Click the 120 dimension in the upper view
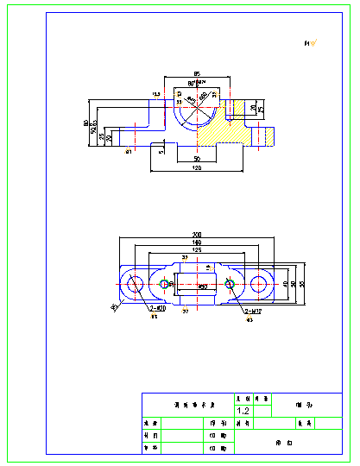197,168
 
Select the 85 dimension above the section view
197,73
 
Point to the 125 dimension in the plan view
198,249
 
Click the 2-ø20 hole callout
157,309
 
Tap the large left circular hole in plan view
135,284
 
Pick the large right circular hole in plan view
260,284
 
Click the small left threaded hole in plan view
165,283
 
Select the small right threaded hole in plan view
230,283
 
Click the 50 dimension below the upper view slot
197,160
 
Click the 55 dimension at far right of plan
302,283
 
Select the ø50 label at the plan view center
202,287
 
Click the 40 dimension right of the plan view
285,283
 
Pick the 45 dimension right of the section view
261,110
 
